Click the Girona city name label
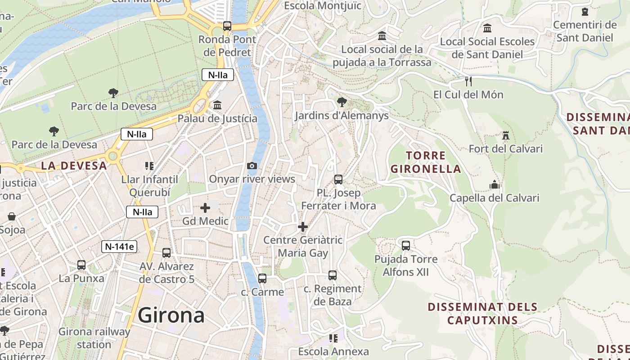[x=171, y=315]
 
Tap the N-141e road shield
[x=119, y=247]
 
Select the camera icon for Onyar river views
[x=252, y=166]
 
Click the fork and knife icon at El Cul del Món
[x=468, y=81]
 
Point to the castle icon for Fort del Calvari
[x=506, y=135]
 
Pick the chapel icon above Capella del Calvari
[x=494, y=184]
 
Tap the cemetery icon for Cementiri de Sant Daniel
[x=585, y=12]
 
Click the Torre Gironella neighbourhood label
[x=426, y=162]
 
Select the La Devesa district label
[x=74, y=166]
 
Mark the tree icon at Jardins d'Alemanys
[x=342, y=102]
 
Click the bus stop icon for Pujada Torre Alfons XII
[x=406, y=246]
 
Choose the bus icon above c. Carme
[x=262, y=279]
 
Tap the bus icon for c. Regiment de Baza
[x=333, y=275]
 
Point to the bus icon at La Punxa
[x=81, y=265]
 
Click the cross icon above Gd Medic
[x=205, y=208]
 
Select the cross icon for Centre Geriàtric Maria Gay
[x=303, y=227]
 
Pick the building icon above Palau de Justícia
[x=217, y=105]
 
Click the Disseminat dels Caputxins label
[x=482, y=314]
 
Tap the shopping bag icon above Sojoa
[x=12, y=217]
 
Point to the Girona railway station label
[x=94, y=338]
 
